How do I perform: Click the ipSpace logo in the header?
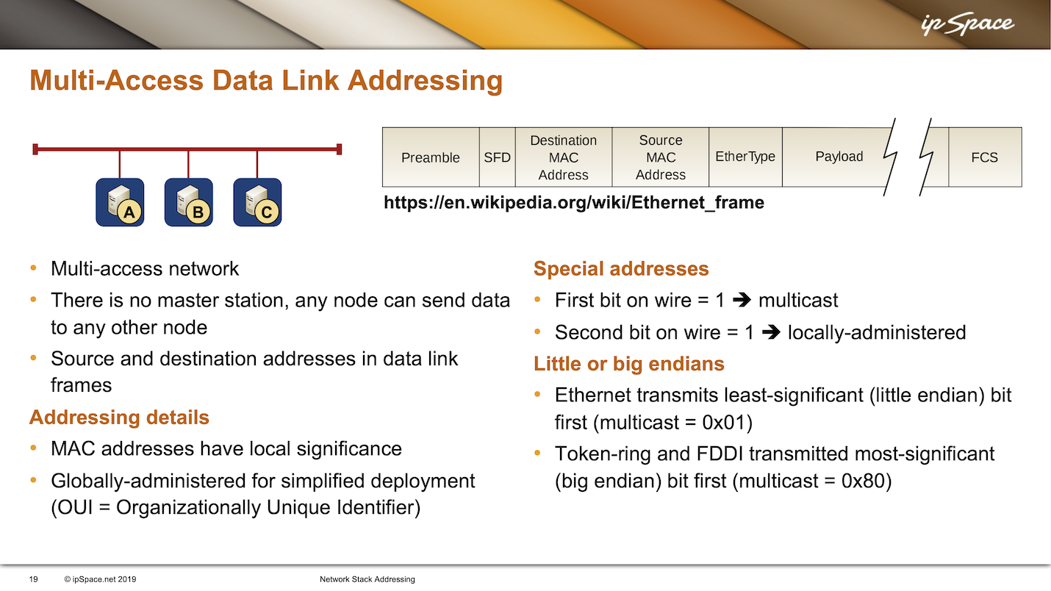pyautogui.click(x=967, y=24)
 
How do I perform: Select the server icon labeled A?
pyautogui.click(x=120, y=202)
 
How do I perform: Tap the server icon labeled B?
pyautogui.click(x=189, y=202)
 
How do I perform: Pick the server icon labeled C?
pyautogui.click(x=257, y=202)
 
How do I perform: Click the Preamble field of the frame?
pyautogui.click(x=431, y=157)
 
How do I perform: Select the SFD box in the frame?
pyautogui.click(x=498, y=157)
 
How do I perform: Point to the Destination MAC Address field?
pyautogui.click(x=564, y=157)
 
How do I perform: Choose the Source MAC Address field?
pyautogui.click(x=661, y=157)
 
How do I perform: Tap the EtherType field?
pyautogui.click(x=745, y=157)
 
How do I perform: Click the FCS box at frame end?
pyautogui.click(x=985, y=157)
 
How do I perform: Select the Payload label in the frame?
pyautogui.click(x=839, y=157)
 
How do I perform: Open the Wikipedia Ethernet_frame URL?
pyautogui.click(x=574, y=203)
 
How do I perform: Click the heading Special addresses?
pyautogui.click(x=621, y=269)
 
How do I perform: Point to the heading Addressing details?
pyautogui.click(x=119, y=418)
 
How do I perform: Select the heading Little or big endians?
pyautogui.click(x=628, y=364)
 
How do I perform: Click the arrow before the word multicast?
pyautogui.click(x=742, y=300)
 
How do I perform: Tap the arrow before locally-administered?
pyautogui.click(x=771, y=332)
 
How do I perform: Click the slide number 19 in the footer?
pyautogui.click(x=33, y=579)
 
